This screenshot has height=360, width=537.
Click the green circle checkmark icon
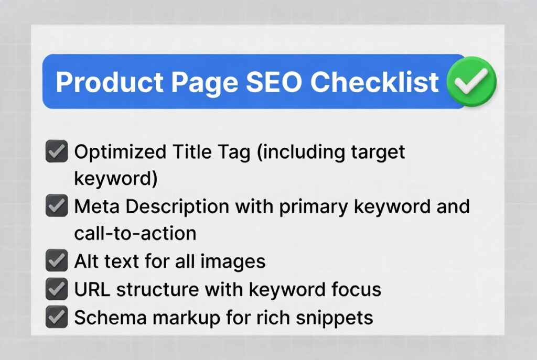tap(471, 82)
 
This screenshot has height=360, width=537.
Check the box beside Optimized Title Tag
tap(56, 152)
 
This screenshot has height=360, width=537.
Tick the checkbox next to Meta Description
tap(56, 206)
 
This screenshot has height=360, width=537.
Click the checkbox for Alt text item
tap(56, 260)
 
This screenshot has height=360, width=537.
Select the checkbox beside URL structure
tap(56, 288)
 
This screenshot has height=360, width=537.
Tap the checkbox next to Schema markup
tap(56, 317)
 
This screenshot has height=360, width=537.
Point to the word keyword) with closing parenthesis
tap(115, 179)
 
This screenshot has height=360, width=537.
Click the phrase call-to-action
tap(135, 233)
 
